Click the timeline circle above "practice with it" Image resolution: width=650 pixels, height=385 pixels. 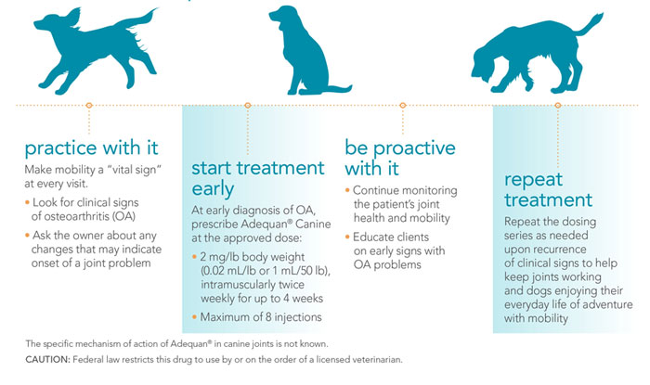pyautogui.click(x=89, y=106)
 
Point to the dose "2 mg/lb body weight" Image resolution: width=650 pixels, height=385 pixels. pyautogui.click(x=253, y=256)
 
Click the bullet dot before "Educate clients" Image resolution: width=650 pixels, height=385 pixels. pyautogui.click(x=349, y=237)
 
